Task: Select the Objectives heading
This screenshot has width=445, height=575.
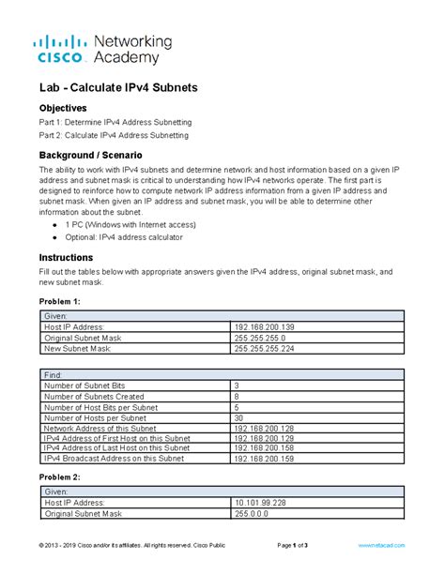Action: (63, 109)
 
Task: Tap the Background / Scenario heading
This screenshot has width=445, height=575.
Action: (90, 154)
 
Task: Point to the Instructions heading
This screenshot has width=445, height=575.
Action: (66, 257)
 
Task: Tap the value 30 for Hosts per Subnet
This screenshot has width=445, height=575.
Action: (239, 417)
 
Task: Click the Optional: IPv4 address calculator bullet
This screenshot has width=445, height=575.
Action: (135, 237)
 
